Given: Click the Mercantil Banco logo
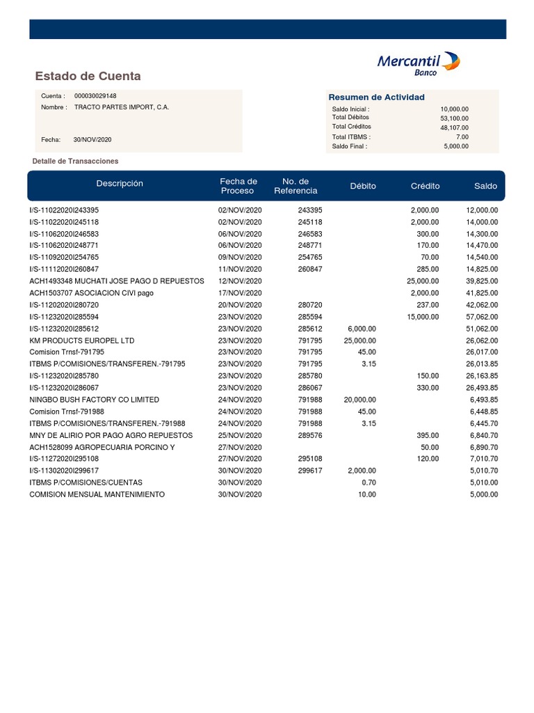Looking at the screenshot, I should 418,64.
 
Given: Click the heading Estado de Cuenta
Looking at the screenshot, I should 88,76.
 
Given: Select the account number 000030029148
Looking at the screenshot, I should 95,96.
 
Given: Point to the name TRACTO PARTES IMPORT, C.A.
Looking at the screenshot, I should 121,107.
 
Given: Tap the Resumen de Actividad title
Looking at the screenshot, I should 376,97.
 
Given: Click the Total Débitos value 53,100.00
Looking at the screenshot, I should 454,118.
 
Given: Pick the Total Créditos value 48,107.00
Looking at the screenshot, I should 454,127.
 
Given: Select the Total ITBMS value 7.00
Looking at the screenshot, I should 462,137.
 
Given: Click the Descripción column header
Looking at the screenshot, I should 120,184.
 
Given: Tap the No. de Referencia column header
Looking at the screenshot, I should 296,186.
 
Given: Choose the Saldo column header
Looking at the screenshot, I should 485,186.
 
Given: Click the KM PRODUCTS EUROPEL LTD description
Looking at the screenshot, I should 81,340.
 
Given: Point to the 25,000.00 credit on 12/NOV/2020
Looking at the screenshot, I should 423,281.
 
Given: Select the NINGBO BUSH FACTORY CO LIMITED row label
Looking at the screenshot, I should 94,400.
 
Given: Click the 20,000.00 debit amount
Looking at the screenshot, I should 359,400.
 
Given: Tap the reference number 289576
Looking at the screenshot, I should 310,435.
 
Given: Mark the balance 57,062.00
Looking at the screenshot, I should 482,317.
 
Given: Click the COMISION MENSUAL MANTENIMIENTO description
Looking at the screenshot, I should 97,494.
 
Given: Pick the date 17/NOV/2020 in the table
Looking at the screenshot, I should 240,293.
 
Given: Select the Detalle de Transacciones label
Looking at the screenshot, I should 75,161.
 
